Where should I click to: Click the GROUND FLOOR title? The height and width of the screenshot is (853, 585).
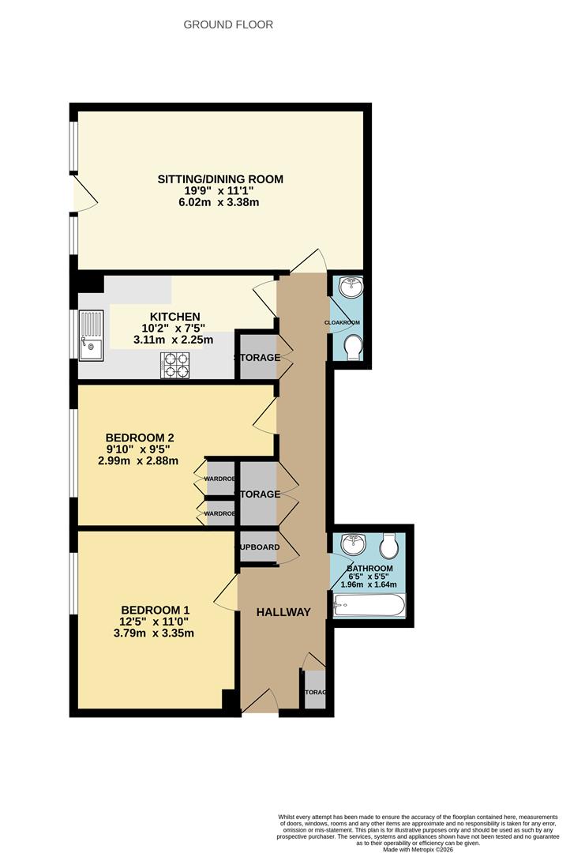click(x=228, y=24)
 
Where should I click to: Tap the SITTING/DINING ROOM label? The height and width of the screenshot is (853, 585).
click(x=219, y=179)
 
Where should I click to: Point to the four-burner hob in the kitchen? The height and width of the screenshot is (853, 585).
click(x=175, y=366)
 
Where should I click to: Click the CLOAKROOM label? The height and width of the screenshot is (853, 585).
click(x=342, y=322)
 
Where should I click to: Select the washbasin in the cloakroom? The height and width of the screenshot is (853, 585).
click(x=349, y=288)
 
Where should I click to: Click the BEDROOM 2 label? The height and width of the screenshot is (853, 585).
click(x=140, y=438)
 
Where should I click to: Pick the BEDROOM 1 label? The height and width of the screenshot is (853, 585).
click(x=156, y=610)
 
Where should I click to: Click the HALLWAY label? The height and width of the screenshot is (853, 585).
click(x=283, y=612)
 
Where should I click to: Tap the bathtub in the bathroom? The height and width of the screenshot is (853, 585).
click(x=369, y=606)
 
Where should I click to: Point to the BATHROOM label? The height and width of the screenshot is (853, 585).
click(x=369, y=569)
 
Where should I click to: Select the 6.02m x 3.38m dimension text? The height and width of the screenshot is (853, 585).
click(x=219, y=202)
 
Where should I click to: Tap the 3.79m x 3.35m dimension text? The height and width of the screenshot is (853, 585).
click(x=156, y=633)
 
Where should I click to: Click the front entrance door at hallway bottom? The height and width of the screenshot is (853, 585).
click(x=260, y=701)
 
